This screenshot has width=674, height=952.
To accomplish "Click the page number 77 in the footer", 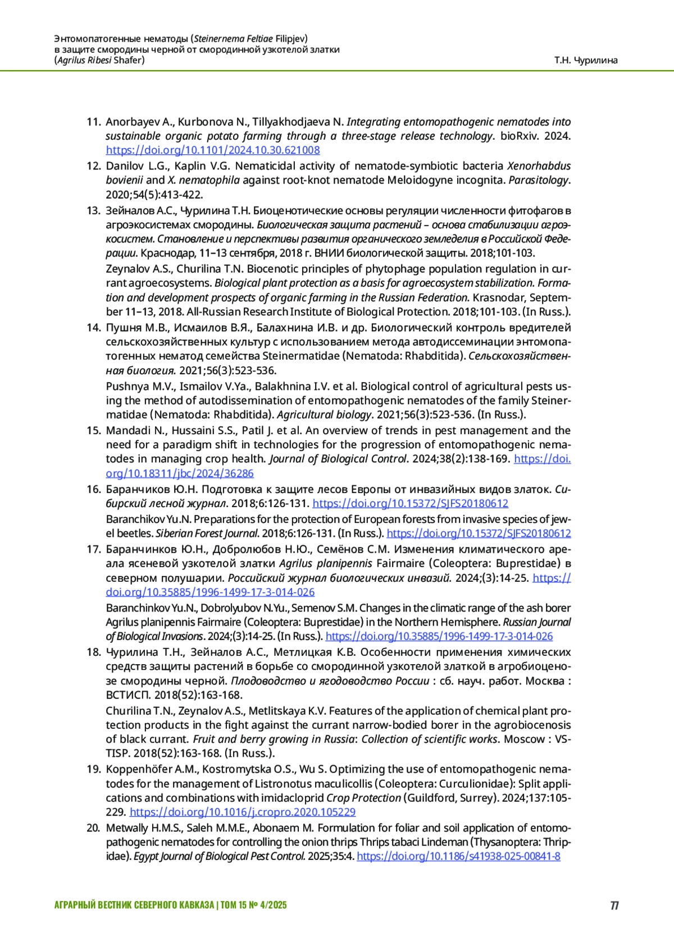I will [x=614, y=905].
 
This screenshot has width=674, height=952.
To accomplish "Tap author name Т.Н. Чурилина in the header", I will [x=586, y=60].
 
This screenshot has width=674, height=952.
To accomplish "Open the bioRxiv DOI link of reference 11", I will [x=213, y=150].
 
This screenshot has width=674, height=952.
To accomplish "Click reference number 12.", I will [x=93, y=166].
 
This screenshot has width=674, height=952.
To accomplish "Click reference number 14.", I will [x=93, y=328].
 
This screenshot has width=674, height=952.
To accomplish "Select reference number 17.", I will [x=93, y=549].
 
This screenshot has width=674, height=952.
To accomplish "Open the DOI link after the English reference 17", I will [x=439, y=636].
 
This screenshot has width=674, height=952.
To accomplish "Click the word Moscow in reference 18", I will [x=524, y=739].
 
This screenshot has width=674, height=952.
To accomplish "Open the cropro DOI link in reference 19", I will [x=242, y=812].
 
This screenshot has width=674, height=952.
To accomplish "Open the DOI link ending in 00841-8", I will [x=458, y=857].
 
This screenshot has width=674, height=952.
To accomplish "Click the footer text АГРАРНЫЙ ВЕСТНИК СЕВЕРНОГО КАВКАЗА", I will [x=134, y=905].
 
